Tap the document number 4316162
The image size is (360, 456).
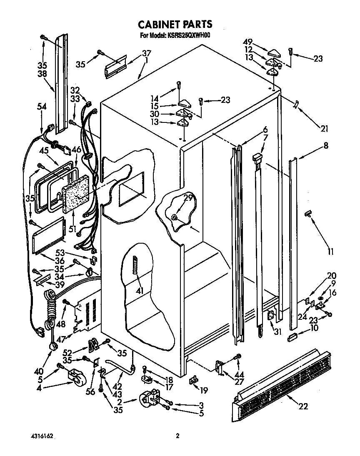click(x=42, y=436)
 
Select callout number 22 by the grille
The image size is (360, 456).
click(x=303, y=406)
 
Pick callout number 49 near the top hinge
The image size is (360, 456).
click(x=248, y=42)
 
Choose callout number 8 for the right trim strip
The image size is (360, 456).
click(x=325, y=146)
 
